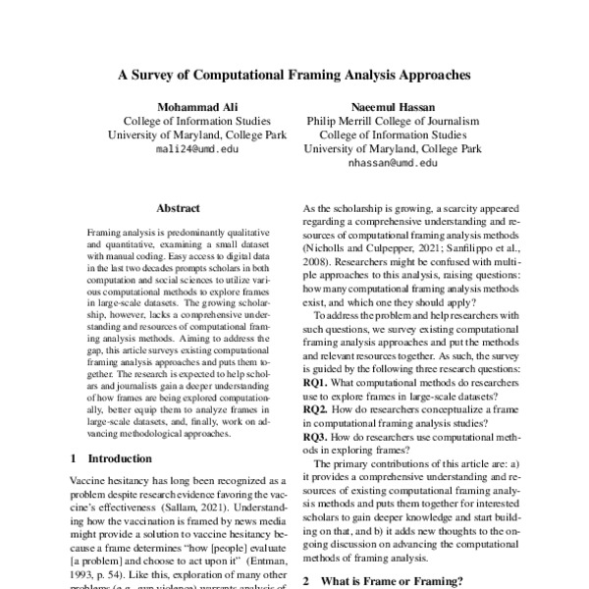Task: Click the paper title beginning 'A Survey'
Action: (294, 74)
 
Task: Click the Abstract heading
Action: (178, 208)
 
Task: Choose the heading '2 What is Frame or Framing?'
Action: (383, 581)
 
